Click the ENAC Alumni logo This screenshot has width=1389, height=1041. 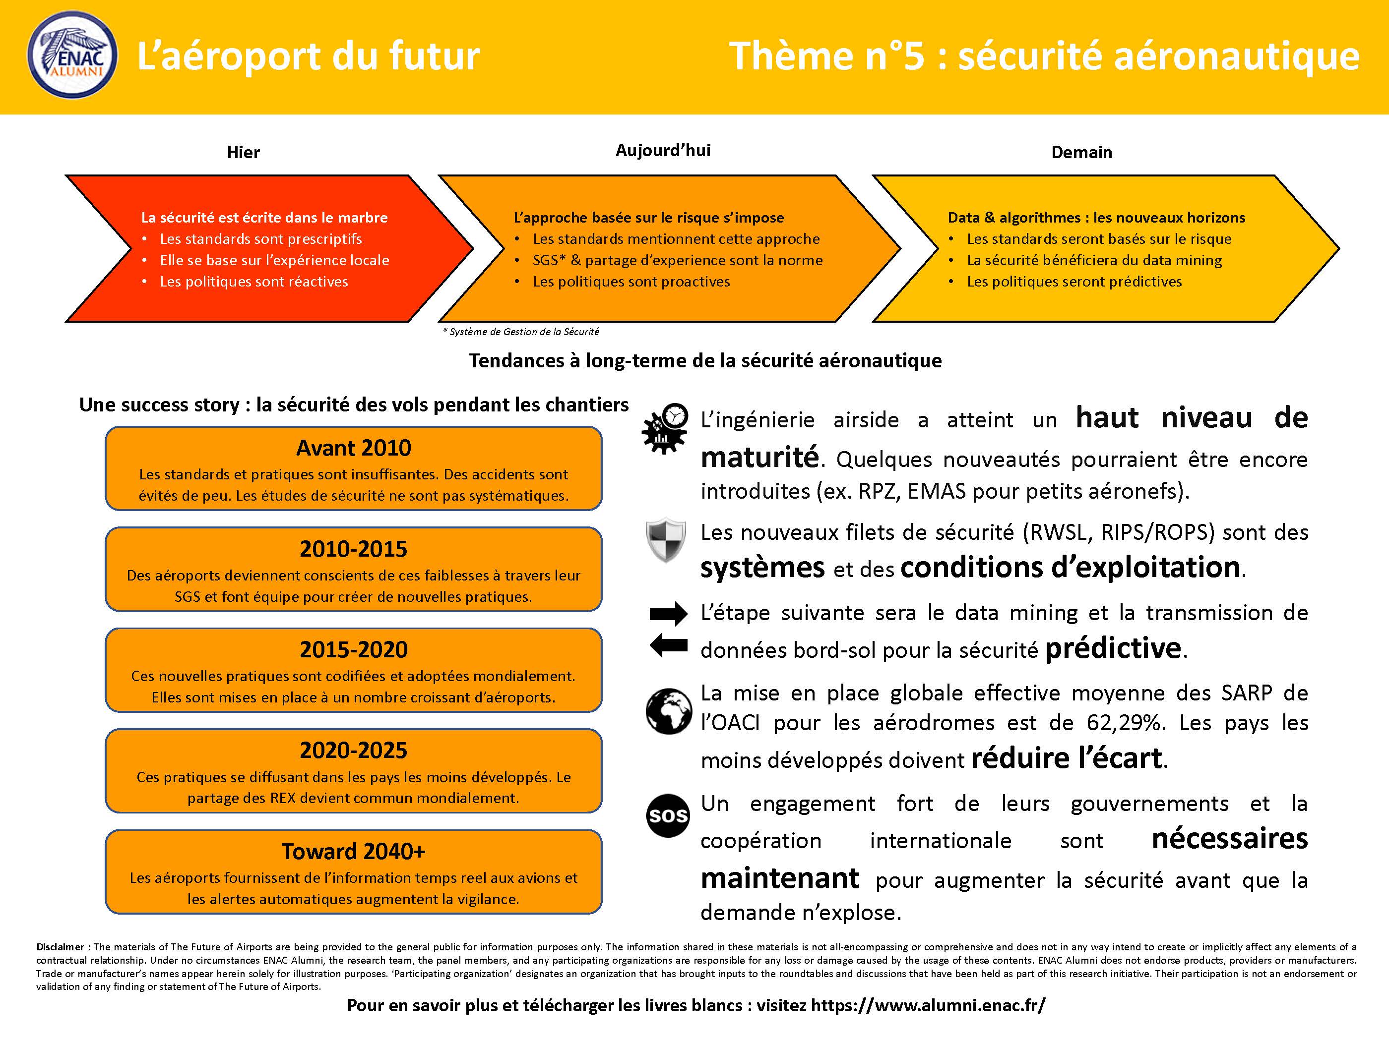tap(72, 55)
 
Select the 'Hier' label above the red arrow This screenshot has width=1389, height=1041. tap(243, 153)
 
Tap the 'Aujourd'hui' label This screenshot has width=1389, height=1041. tap(663, 151)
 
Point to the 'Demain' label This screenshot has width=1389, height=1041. tap(1081, 153)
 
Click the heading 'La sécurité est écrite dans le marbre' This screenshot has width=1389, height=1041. tap(264, 218)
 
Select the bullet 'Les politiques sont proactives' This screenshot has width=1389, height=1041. tap(631, 282)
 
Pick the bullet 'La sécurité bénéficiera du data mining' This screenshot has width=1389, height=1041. tap(1094, 260)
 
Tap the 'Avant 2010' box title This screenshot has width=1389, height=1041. tap(354, 448)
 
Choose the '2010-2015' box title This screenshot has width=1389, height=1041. tap(354, 549)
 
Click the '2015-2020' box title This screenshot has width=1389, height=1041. tap(354, 649)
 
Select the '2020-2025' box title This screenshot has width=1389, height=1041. tap(354, 751)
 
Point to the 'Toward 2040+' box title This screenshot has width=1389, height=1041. tap(354, 852)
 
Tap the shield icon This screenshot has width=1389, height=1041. tap(666, 540)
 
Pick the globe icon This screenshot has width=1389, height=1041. tap(668, 711)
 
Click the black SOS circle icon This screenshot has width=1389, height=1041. tap(668, 816)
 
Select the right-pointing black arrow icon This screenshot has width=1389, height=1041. tap(668, 614)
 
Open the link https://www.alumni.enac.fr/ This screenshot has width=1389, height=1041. tap(928, 1005)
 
